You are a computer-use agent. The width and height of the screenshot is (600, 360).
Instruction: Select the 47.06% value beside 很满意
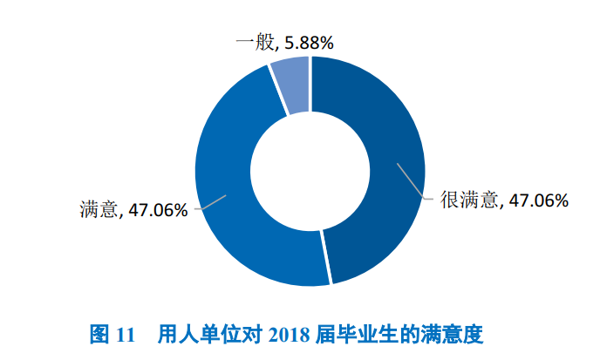(x=539, y=200)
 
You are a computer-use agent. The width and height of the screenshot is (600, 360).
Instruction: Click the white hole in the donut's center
(x=310, y=171)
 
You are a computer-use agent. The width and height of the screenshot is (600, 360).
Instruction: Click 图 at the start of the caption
(x=99, y=334)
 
